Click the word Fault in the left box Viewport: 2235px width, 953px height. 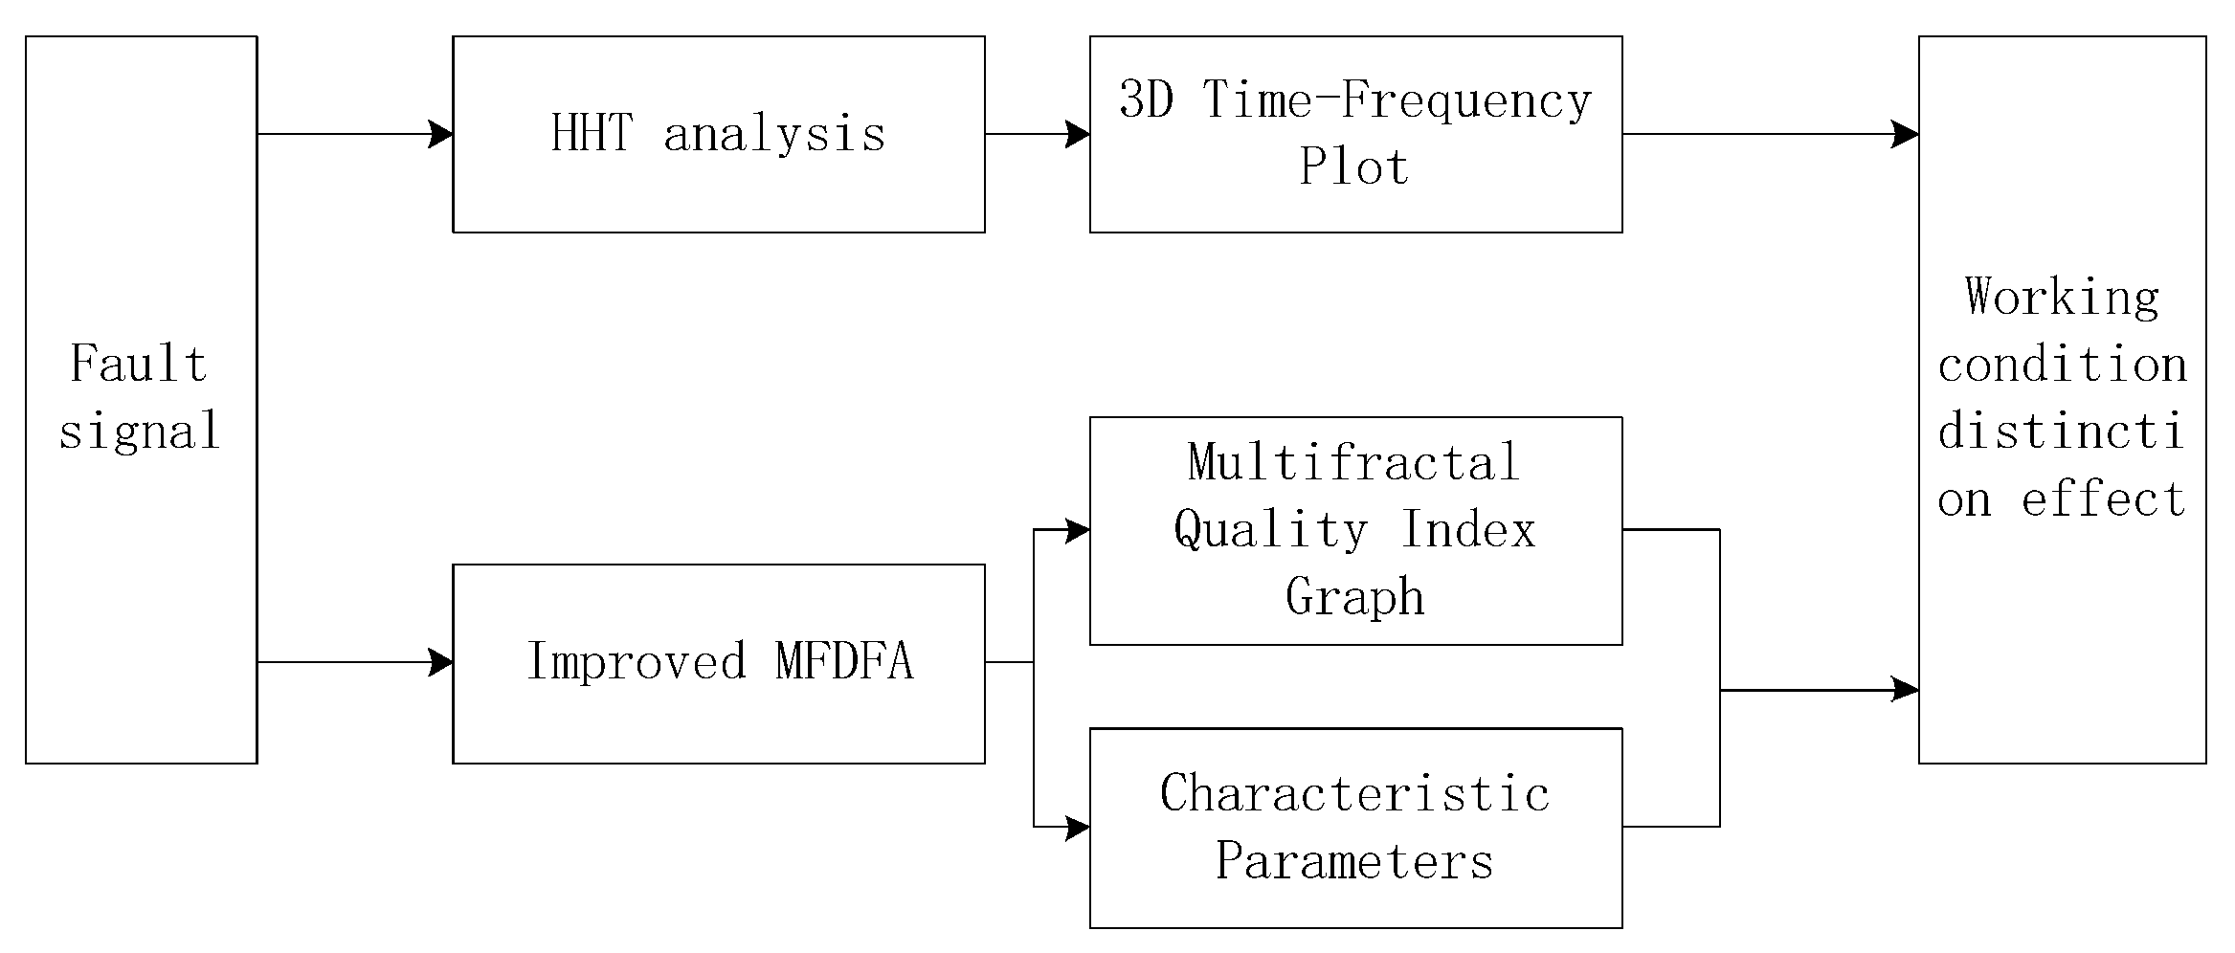coord(139,365)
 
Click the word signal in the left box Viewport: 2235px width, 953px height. coord(140,432)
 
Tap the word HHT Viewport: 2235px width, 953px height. coord(592,133)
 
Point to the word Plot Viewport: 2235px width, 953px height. coord(1353,167)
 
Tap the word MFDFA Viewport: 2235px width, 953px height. coord(844,662)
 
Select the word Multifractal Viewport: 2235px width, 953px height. coord(1353,463)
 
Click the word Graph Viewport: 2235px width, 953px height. coord(1354,598)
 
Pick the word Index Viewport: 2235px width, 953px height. coord(1467,531)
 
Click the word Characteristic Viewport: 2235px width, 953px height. coord(1354,794)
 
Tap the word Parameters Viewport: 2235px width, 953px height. coord(1354,861)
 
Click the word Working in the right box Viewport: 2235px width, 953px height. coord(2062,297)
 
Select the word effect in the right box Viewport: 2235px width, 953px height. coord(2103,499)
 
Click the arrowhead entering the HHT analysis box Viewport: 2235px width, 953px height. coord(440,134)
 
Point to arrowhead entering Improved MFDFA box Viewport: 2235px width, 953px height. coord(440,662)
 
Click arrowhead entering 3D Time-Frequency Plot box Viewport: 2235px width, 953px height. coord(1078,134)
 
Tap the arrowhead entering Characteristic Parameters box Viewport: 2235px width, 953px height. coord(1078,827)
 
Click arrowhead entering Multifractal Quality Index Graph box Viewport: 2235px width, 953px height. coord(1078,530)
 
